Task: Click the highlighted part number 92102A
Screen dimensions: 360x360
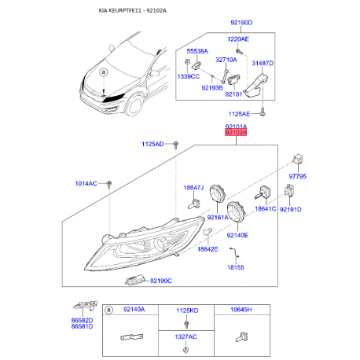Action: (235, 133)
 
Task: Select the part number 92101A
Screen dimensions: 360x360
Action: (235, 126)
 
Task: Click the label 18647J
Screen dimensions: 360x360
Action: (193, 188)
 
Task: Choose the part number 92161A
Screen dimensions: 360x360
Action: (217, 217)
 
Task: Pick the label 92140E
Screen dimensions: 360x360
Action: (237, 234)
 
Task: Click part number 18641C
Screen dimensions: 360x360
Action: (265, 208)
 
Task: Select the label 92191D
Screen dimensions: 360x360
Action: (291, 209)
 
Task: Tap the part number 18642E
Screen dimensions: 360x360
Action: (208, 248)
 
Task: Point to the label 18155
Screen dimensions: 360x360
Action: (236, 267)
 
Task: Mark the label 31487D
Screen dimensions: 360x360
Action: (263, 64)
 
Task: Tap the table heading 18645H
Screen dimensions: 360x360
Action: (241, 311)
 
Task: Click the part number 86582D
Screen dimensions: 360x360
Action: (81, 321)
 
